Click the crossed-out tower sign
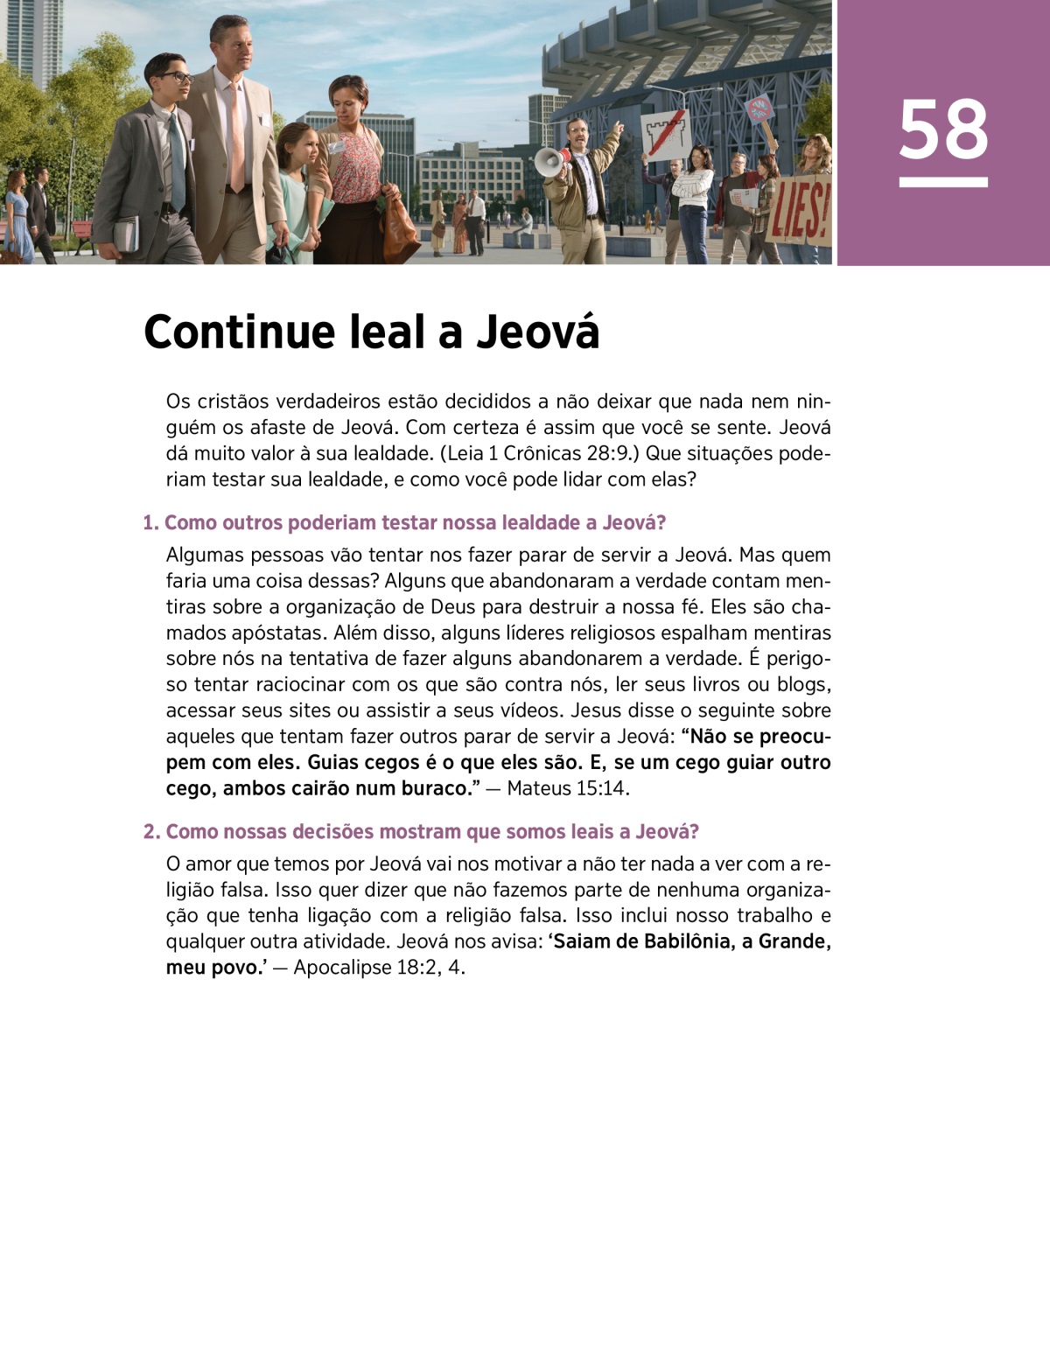[666, 132]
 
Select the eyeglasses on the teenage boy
[175, 77]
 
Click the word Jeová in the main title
[538, 332]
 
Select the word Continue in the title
[239, 332]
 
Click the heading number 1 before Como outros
[150, 523]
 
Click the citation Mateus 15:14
[567, 788]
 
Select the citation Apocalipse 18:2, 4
[378, 968]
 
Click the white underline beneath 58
[943, 183]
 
